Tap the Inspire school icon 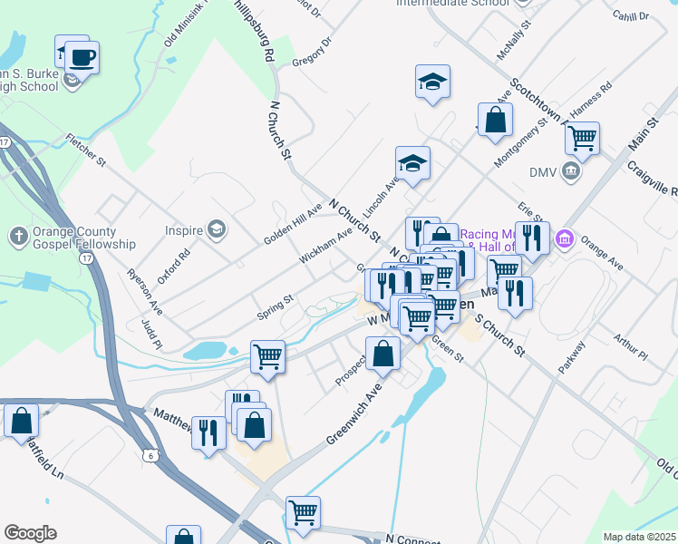pos(216,230)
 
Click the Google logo pos(30,533)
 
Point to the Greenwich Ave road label pos(354,415)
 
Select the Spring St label pos(276,300)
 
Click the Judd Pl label pos(151,334)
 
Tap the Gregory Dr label pos(313,52)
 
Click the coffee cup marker pos(82,58)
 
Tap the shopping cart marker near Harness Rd pos(582,139)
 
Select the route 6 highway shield pos(149,455)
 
